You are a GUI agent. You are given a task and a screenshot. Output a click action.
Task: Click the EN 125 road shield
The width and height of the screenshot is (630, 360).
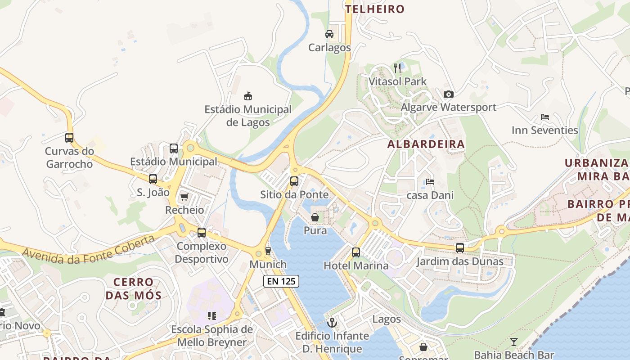tap(281, 281)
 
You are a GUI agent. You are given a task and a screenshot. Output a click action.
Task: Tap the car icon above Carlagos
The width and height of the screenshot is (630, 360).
tap(329, 34)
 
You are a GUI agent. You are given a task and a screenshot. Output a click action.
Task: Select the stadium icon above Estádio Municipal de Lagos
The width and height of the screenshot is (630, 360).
tap(247, 96)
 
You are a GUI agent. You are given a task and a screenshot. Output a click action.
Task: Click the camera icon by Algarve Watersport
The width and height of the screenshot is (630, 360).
tap(448, 94)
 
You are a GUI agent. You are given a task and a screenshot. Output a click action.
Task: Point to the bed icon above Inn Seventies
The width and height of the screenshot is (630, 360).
tap(545, 117)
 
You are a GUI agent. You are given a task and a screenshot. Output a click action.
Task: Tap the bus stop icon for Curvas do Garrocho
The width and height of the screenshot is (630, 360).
tap(69, 138)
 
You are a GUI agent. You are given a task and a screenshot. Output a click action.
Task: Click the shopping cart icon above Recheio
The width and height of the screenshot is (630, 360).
tap(184, 197)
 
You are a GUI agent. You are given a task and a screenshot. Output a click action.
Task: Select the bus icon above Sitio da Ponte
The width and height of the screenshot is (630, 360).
tap(294, 181)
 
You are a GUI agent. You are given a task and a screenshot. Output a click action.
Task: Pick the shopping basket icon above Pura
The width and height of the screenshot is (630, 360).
tap(315, 218)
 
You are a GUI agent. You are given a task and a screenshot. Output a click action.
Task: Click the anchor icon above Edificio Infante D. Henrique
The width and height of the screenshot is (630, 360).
tap(332, 322)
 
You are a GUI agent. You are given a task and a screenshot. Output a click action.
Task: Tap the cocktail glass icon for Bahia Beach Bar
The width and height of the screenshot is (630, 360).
tap(514, 342)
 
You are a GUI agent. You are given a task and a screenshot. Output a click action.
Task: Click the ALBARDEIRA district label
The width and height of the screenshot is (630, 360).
tap(426, 144)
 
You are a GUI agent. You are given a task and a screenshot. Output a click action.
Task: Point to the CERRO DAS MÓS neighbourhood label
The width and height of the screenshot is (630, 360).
tap(133, 289)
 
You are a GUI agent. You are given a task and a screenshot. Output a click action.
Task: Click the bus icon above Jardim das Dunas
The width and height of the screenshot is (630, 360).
tap(459, 248)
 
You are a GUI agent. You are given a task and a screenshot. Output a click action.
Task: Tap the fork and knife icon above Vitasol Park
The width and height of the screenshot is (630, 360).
tap(397, 68)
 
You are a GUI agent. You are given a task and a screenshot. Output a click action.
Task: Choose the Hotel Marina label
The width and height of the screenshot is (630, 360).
tap(356, 265)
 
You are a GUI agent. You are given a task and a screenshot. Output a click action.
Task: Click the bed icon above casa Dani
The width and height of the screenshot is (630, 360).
tap(430, 182)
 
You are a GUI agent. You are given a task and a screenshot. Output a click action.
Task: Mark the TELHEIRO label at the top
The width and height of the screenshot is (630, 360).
tap(375, 9)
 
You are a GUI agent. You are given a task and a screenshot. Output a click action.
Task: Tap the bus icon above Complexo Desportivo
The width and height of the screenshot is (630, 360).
tap(202, 233)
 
